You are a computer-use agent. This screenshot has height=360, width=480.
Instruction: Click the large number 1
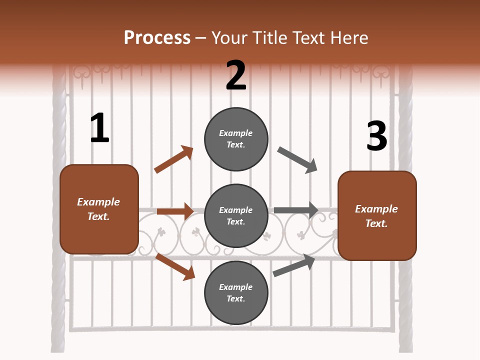[x=99, y=128]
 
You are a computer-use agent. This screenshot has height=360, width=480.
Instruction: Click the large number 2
[x=236, y=75]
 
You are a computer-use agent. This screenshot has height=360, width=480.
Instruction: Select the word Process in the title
[x=157, y=37]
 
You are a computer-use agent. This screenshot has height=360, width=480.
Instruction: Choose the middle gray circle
[x=236, y=215]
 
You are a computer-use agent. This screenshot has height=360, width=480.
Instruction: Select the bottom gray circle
[x=236, y=292]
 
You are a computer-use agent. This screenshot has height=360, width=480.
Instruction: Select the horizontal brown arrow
[x=175, y=211]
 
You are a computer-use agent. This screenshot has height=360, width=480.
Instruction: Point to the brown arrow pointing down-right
[x=175, y=266]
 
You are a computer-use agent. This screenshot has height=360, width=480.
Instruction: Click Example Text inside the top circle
[x=236, y=139]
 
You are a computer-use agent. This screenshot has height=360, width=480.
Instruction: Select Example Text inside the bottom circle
[x=236, y=293]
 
